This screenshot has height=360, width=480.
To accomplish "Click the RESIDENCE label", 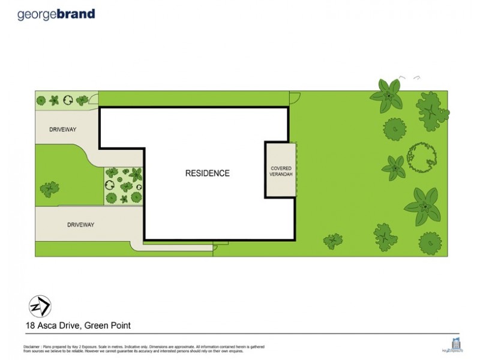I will tap(207, 173).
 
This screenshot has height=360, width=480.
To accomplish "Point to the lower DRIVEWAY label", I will tap(80, 224).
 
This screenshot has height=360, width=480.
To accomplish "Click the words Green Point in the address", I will tap(109, 326).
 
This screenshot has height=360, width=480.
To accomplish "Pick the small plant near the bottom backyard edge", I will tap(332, 241).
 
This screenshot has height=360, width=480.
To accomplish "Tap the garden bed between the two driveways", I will tap(124, 185).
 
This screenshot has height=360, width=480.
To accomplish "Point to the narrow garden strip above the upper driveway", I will tap(63, 100).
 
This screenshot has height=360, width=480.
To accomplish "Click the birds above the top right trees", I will tap(410, 77).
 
